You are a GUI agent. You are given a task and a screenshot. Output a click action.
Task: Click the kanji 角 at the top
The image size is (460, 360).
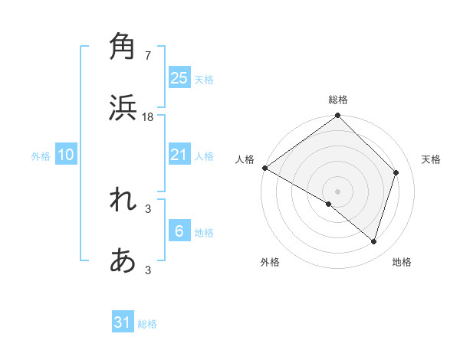click(x=123, y=45)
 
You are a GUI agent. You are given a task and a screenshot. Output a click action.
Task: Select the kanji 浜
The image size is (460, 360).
click(x=123, y=108)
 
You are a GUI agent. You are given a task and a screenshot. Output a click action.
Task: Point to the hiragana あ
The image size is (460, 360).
click(x=123, y=261)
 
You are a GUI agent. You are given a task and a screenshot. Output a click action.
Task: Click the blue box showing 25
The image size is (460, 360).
click(x=179, y=78)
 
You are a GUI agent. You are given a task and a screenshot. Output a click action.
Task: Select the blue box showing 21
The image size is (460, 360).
click(x=179, y=155)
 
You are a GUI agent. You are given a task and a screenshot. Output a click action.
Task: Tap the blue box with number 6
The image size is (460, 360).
click(x=179, y=231)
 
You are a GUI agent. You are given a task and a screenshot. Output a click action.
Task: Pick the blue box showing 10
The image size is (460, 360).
click(x=66, y=155)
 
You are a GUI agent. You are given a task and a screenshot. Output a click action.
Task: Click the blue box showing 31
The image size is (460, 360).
click(x=123, y=322)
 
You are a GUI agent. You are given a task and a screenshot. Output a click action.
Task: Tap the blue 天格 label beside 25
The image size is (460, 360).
click(x=204, y=80)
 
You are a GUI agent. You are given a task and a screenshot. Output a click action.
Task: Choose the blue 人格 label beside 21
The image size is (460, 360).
click(x=204, y=156)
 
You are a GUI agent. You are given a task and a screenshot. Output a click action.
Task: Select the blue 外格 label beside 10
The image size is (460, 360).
click(x=41, y=156)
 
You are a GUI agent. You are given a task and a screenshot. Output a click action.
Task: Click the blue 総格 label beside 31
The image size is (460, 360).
click(x=147, y=324)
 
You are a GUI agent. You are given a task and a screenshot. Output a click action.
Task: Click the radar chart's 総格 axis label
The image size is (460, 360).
click(x=338, y=100)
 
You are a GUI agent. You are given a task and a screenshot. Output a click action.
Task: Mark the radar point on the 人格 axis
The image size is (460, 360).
click(x=264, y=168)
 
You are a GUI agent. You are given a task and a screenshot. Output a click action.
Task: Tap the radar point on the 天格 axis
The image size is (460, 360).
click(x=396, y=173)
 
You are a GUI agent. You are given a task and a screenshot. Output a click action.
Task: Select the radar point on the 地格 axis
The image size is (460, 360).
click(x=373, y=241)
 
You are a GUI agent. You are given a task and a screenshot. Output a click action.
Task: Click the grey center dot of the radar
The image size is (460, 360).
click(x=338, y=191)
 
